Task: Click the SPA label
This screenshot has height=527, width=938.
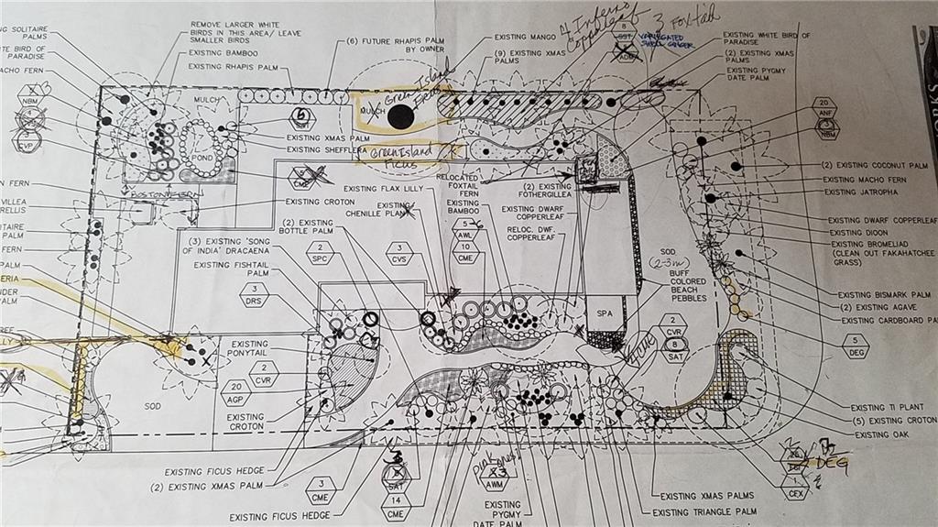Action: (x=604, y=313)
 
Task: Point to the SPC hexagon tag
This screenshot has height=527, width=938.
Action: (x=320, y=253)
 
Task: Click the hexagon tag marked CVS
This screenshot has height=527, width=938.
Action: (x=399, y=253)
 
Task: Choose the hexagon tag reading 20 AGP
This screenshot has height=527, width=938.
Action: (x=235, y=393)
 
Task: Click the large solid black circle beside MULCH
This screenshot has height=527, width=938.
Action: (x=399, y=116)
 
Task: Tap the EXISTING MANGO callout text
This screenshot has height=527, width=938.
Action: (x=524, y=38)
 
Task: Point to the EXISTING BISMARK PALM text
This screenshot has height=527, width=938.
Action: (x=884, y=295)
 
